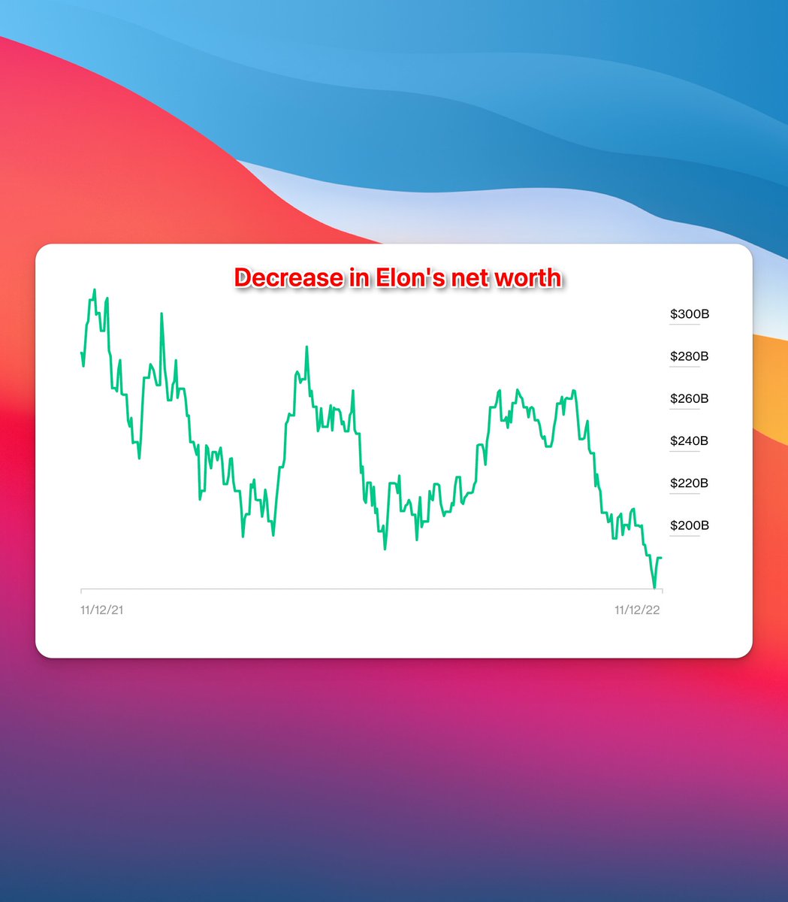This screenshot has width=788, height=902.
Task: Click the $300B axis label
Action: coord(690,314)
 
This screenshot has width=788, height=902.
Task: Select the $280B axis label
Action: coord(690,356)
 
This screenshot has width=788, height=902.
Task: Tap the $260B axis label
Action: coord(690,398)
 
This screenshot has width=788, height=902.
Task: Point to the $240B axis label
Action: coord(690,441)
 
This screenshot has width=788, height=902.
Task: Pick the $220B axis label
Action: coord(690,483)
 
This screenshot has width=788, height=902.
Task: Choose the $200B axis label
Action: coord(690,525)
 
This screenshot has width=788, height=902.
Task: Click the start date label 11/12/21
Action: coord(101,610)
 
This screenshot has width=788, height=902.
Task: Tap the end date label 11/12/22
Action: coord(637,610)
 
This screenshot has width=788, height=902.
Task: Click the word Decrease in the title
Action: coord(289,278)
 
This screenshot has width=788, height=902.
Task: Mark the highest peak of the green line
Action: coord(94,289)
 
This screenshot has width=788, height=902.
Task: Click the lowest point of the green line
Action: coord(654,588)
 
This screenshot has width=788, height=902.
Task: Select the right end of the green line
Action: coord(661,558)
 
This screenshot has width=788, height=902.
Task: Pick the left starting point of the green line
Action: coord(81,353)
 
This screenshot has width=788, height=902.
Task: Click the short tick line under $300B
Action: coord(684,325)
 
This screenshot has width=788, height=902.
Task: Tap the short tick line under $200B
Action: coord(684,536)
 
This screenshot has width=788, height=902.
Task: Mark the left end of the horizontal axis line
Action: coord(81,589)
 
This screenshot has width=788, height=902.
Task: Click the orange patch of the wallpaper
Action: coord(771,388)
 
